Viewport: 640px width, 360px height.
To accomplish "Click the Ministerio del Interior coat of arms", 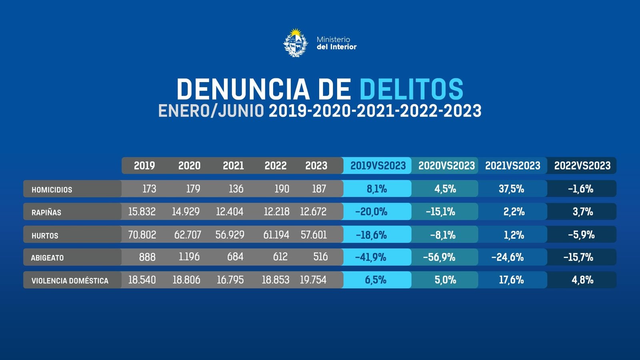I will click(x=296, y=43).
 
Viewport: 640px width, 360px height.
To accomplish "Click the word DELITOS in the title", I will click(x=411, y=89).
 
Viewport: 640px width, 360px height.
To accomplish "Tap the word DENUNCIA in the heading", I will click(x=243, y=89).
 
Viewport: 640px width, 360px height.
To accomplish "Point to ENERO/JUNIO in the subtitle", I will click(x=211, y=111).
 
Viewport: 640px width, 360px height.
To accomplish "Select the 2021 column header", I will click(x=233, y=166).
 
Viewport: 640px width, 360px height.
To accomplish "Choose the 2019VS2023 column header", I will click(x=378, y=166).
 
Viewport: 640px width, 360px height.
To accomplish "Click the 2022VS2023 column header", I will click(x=582, y=166).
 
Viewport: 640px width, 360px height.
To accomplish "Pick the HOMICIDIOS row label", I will click(x=52, y=190).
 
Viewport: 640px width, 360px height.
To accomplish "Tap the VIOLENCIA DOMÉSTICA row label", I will click(x=70, y=281).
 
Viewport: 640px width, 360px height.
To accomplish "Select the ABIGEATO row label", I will click(x=47, y=258).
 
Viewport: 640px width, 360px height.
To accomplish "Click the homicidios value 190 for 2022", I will click(x=282, y=189).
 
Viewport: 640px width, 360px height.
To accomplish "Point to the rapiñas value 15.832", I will click(x=142, y=212).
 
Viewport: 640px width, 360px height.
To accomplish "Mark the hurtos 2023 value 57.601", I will click(x=314, y=235).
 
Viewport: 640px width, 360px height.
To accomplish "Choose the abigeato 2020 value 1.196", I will click(x=189, y=257).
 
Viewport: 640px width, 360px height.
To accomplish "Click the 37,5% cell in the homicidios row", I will click(x=511, y=189).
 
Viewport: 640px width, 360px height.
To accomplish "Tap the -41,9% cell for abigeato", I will click(x=371, y=257).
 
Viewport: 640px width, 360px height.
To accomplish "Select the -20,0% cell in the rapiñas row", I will click(x=371, y=212).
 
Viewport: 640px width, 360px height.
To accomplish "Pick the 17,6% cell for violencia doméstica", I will click(x=511, y=280).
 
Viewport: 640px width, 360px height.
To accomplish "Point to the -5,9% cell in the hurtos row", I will click(x=581, y=235).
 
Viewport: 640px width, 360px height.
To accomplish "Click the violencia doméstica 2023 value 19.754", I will click(x=313, y=280).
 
